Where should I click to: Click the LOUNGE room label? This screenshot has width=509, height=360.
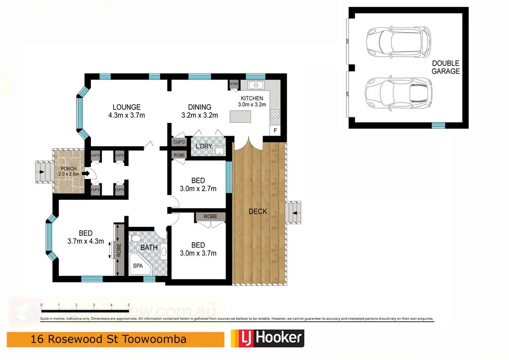(x=126, y=107)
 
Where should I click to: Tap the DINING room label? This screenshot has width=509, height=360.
(x=199, y=107)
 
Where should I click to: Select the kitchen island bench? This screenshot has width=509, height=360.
(x=240, y=116)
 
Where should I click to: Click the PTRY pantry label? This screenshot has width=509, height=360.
(x=234, y=85)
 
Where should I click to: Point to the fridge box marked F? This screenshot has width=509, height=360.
(x=275, y=130)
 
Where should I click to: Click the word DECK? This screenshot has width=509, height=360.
(x=257, y=211)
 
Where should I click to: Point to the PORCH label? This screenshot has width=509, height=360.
(x=69, y=169)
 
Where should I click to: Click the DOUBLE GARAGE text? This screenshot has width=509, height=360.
(x=445, y=67)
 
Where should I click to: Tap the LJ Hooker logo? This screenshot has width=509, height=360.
(x=267, y=339)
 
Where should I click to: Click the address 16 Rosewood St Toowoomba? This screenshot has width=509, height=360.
(x=108, y=340)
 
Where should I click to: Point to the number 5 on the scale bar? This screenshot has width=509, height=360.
(x=129, y=305)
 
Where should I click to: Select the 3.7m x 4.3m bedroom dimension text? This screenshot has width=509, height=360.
(x=85, y=242)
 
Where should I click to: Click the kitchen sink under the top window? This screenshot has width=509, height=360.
(x=255, y=85)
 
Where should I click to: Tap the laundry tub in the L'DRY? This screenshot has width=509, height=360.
(x=219, y=151)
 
